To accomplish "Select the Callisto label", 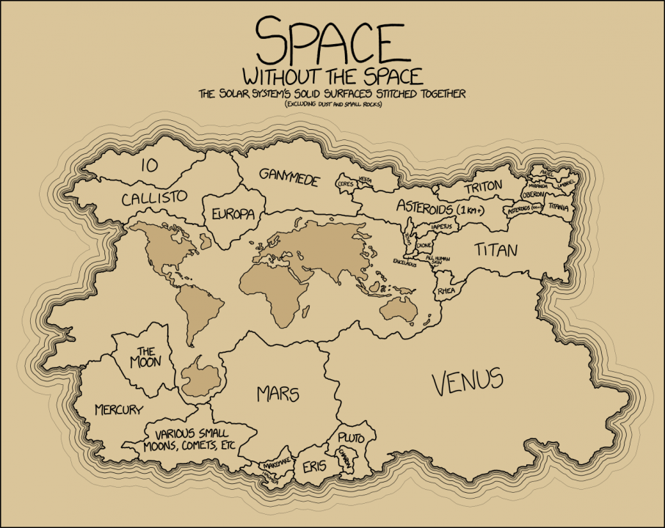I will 155,198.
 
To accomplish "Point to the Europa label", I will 233,214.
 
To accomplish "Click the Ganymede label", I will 289,177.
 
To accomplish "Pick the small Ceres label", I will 345,184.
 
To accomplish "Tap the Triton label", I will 482,188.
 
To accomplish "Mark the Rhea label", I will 447,291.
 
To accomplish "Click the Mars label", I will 278,394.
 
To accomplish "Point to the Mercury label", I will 119,409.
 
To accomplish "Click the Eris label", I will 313,466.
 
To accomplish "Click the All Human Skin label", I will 439,260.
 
